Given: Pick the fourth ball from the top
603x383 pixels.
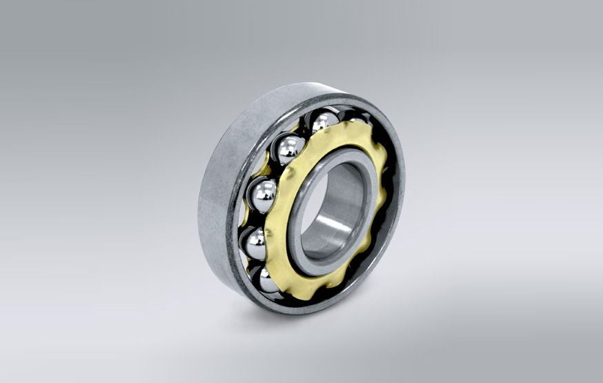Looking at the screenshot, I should pyautogui.click(x=257, y=242).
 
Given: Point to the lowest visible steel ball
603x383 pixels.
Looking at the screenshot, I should pyautogui.click(x=268, y=279).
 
